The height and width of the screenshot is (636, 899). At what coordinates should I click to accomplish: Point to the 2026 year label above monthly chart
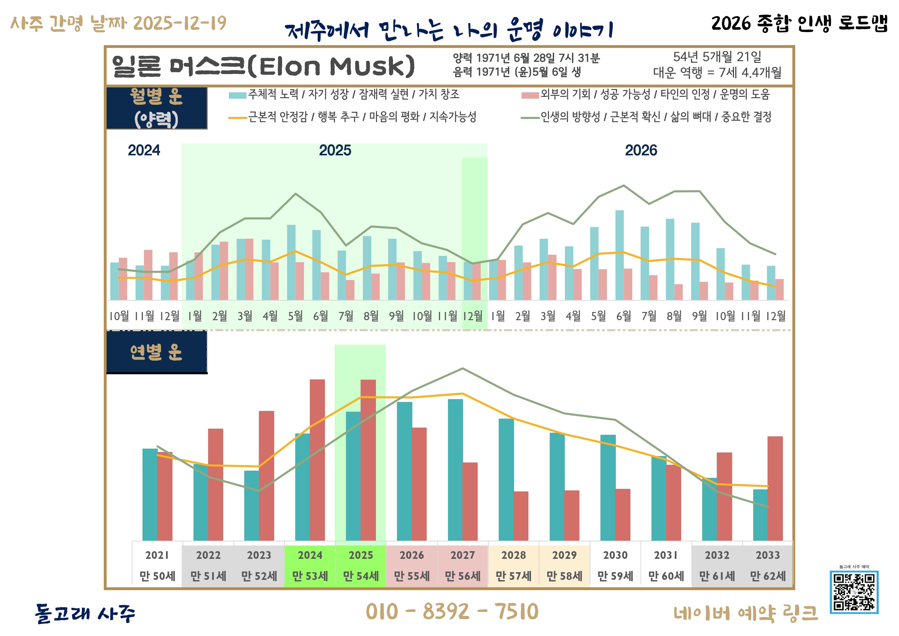point(641,150)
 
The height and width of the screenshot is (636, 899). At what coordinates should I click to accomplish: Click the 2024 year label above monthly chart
point(144,150)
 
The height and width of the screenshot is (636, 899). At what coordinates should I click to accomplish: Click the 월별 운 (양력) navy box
point(157,108)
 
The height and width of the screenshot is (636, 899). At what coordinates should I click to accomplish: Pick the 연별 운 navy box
point(157,352)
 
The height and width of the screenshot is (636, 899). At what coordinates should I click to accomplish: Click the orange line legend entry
point(352,117)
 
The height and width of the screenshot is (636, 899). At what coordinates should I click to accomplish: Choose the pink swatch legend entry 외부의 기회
point(646,94)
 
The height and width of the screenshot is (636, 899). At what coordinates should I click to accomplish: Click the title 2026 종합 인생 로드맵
point(799,24)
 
